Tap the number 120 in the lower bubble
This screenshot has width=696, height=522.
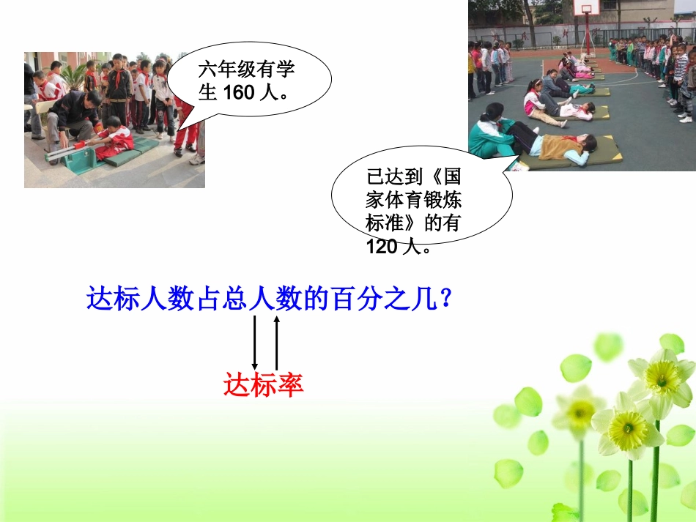[x=381, y=247]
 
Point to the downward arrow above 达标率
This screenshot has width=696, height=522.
[x=254, y=342]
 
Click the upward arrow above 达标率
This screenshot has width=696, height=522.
[x=276, y=342]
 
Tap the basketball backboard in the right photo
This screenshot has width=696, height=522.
[x=587, y=7]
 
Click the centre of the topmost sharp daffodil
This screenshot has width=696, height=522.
[x=662, y=378]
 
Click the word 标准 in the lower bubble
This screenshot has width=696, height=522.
[x=381, y=223]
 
